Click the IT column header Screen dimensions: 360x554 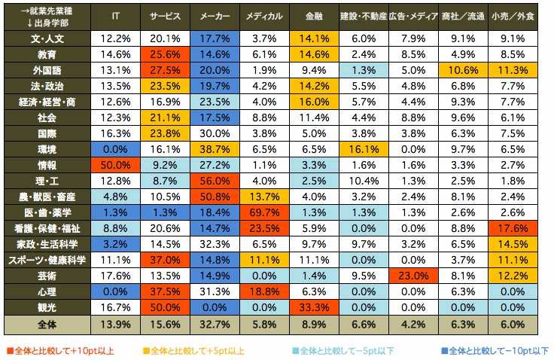pyautogui.click(x=115, y=16)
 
